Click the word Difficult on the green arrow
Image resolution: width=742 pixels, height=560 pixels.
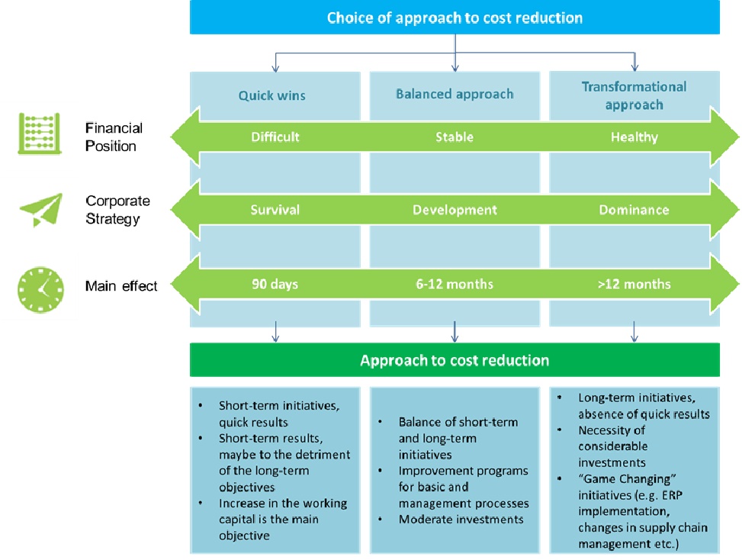pyautogui.click(x=275, y=137)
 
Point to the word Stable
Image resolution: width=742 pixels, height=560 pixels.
pyautogui.click(x=455, y=137)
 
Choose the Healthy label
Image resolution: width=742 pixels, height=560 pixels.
pyautogui.click(x=634, y=137)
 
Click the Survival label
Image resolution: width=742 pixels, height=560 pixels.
pyautogui.click(x=275, y=210)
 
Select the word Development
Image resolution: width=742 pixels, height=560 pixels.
pyautogui.click(x=455, y=210)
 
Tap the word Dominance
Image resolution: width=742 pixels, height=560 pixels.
pyautogui.click(x=634, y=210)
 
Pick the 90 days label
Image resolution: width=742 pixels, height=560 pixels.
pyautogui.click(x=275, y=285)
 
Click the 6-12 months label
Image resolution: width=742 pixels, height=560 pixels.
pyautogui.click(x=455, y=285)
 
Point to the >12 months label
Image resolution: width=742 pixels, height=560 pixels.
pyautogui.click(x=634, y=285)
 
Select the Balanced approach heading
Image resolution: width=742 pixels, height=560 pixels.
pyautogui.click(x=455, y=95)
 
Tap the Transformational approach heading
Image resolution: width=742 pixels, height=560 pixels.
pyautogui.click(x=634, y=95)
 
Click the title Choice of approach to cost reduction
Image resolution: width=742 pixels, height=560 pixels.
pyautogui.click(x=455, y=17)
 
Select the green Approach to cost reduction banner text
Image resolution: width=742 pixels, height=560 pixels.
pyautogui.click(x=455, y=359)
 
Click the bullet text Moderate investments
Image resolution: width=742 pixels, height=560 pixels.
pyautogui.click(x=461, y=520)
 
